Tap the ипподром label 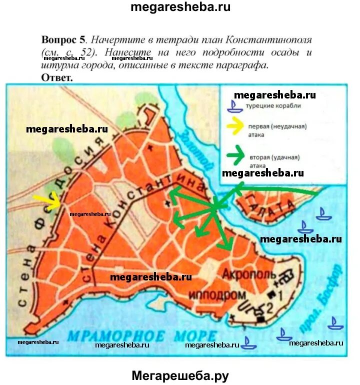217,294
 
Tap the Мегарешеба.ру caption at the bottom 180,374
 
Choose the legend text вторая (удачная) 274,157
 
